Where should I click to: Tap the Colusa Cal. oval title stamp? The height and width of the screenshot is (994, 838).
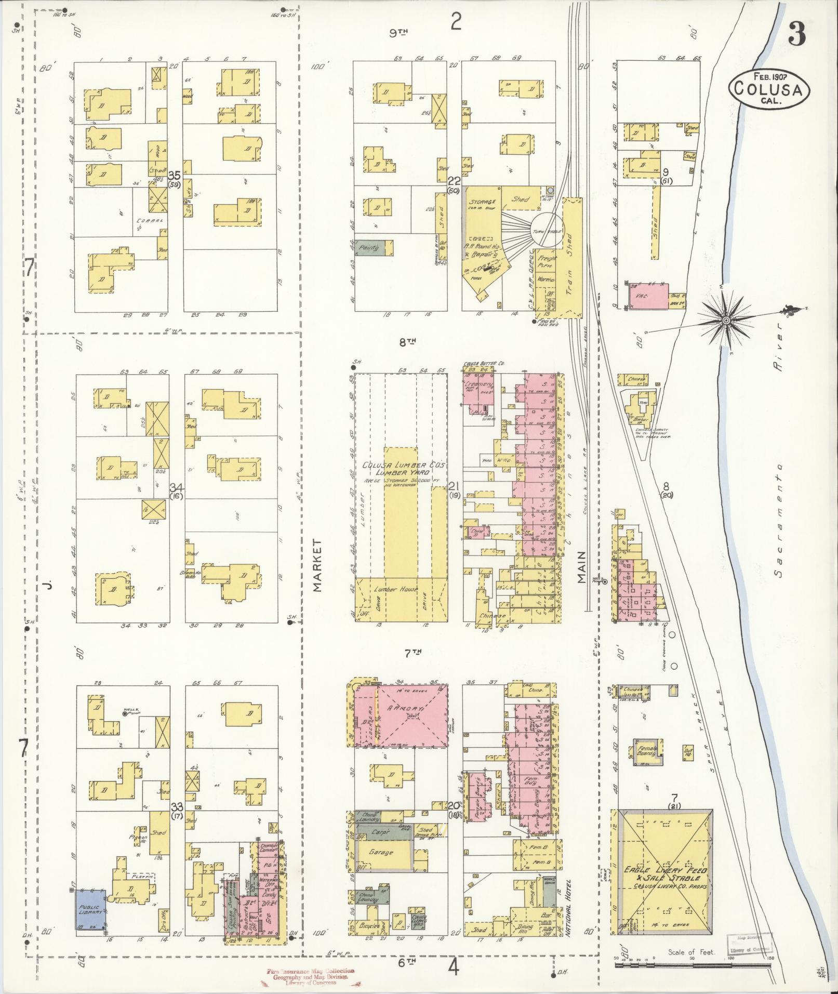(769, 89)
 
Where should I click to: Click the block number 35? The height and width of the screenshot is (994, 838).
(174, 174)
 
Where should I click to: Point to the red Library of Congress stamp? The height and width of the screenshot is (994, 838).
(311, 976)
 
